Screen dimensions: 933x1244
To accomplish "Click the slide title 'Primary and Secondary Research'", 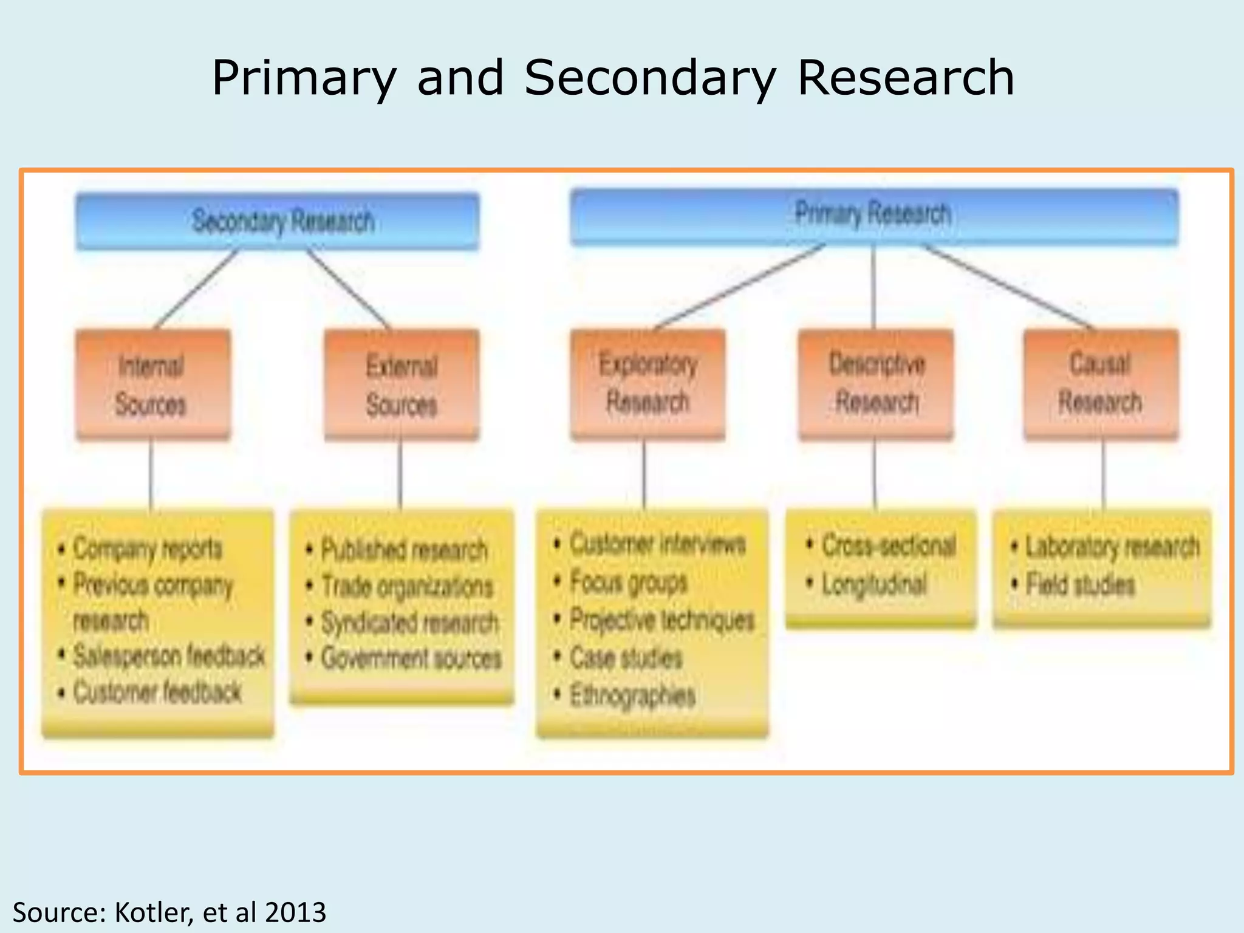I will pos(612,78).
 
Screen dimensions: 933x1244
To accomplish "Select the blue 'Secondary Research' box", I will pos(278,221).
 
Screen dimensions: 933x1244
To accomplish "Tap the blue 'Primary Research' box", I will pos(873,216).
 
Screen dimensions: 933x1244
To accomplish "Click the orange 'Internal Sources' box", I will pos(152,384).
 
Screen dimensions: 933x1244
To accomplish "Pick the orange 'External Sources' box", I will pos(402,385).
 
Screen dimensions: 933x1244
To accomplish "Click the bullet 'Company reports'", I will pos(148,549).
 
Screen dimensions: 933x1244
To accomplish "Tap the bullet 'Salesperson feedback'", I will pos(169,656).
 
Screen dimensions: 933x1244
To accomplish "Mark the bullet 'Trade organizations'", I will pos(407,587).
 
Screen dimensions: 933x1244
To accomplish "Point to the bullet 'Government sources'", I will pos(411,658).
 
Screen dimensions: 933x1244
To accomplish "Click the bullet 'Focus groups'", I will pos(629,582).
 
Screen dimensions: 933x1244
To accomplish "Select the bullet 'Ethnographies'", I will pos(632,695).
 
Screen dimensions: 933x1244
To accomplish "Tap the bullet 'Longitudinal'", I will pos(874,584).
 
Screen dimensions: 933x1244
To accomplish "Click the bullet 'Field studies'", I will pos(1080,585).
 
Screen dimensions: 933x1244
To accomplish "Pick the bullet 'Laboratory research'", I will pos(1112,547).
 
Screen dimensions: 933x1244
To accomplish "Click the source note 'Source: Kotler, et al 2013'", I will pos(169,912).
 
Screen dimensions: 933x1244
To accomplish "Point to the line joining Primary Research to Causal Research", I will pos(1008,287).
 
